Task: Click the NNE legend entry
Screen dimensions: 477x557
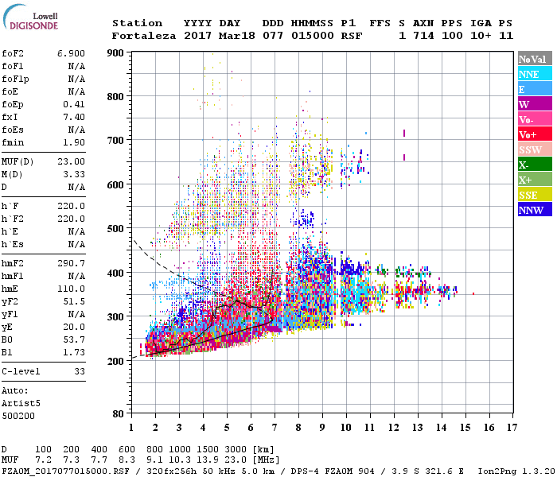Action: tap(532, 74)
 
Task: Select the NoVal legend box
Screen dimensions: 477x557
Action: tap(532, 59)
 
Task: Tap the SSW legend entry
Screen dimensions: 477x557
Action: tap(532, 149)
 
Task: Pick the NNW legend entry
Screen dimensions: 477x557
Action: tap(532, 210)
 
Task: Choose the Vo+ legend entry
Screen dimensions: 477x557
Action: tap(532, 134)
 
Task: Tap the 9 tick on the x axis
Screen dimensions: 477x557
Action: tap(322, 428)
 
